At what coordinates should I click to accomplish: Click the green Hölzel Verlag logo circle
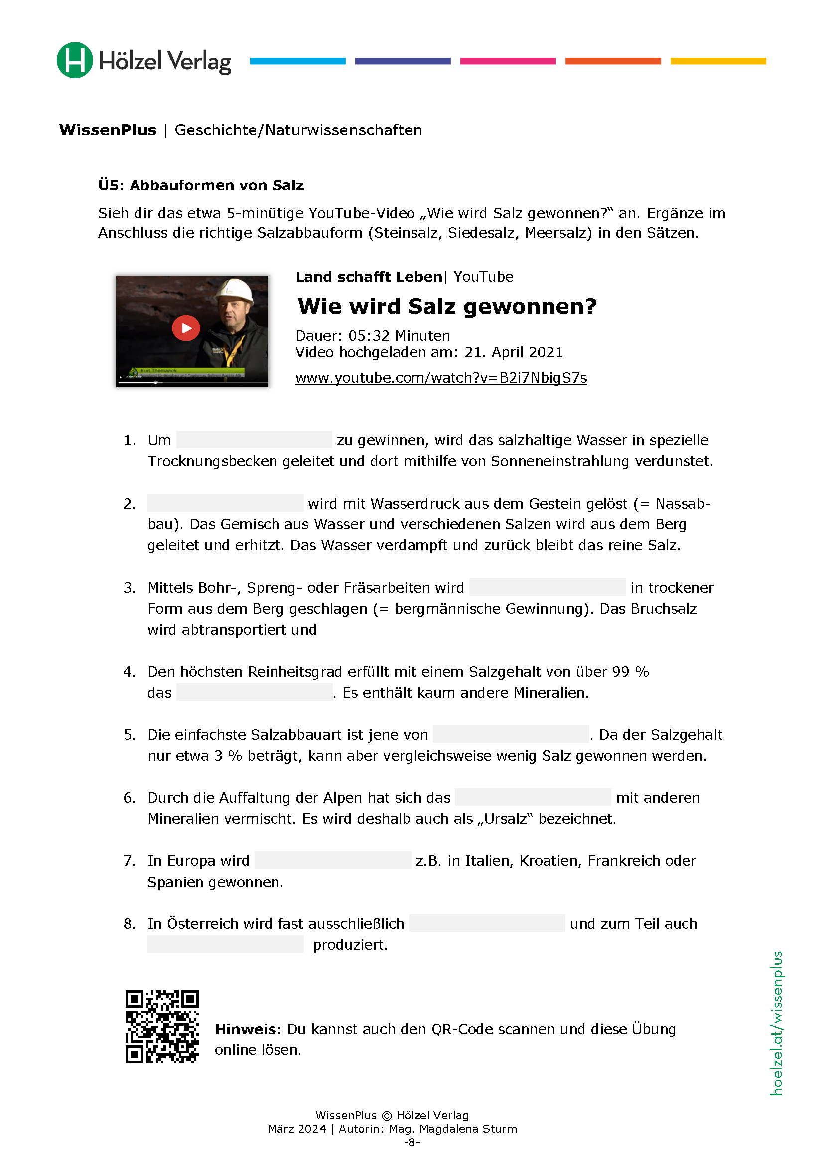tap(75, 60)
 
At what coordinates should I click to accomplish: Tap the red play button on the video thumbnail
tap(186, 328)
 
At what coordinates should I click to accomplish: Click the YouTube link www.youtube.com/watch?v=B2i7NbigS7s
tap(441, 378)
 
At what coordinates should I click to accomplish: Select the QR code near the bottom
tap(162, 1026)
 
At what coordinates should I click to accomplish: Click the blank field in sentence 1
tap(254, 440)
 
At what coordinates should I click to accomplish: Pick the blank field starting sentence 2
tap(225, 503)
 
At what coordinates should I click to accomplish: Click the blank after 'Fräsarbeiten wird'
tap(547, 587)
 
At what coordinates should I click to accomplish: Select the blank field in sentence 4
tap(254, 692)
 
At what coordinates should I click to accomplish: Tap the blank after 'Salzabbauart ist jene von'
tap(511, 734)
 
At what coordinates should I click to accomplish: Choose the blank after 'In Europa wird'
tap(332, 860)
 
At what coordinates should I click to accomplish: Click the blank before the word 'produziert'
tap(225, 944)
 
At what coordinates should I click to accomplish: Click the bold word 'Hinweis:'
tap(248, 1029)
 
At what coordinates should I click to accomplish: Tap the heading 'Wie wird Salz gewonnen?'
tap(446, 306)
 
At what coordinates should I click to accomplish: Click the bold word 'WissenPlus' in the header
tap(108, 130)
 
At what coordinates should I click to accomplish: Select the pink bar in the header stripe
tap(508, 61)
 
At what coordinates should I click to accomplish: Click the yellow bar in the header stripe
tap(718, 61)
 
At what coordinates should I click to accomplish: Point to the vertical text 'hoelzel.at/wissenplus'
tap(776, 1024)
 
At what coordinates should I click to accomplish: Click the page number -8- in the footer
tap(412, 1142)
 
